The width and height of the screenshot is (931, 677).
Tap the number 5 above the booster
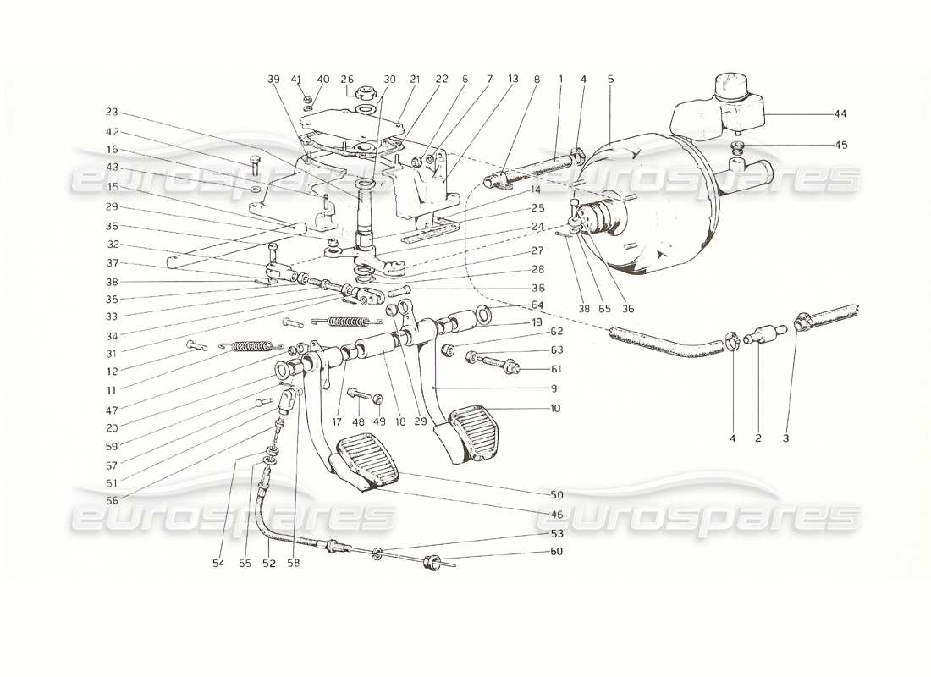tap(610, 79)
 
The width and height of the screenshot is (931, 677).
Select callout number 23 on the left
tap(112, 111)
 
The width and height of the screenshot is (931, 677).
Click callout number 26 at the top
tap(347, 79)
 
